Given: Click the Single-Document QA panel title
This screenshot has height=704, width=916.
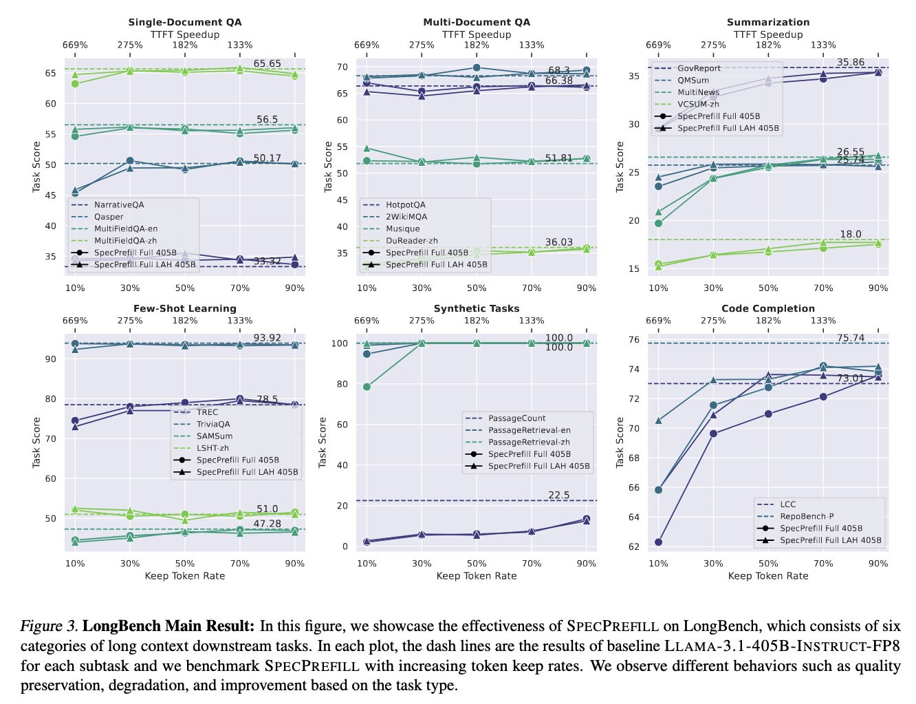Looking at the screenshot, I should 185,22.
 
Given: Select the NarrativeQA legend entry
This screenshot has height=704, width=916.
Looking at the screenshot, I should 118,205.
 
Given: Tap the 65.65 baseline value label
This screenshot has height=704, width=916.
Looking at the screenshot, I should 267,64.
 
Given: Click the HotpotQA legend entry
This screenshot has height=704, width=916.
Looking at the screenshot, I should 405,205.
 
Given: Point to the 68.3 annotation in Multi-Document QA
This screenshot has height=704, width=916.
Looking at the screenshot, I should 559,70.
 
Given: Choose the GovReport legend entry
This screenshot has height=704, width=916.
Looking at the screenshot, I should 699,68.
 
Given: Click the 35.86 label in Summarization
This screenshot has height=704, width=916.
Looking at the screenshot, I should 851,63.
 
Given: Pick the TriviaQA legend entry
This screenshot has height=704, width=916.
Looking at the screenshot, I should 213,425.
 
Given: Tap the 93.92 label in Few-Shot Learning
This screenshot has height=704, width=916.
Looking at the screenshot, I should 267,338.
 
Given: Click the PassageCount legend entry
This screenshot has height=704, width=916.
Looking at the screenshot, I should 516,418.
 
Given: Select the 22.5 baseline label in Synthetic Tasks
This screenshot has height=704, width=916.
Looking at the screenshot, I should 559,495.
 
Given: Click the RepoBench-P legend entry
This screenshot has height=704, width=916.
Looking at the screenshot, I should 807,516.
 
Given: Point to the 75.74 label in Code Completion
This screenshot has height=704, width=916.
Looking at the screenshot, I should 851,338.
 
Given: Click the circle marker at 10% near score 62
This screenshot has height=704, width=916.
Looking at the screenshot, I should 658,542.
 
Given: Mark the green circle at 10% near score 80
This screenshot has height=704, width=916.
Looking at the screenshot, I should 367,387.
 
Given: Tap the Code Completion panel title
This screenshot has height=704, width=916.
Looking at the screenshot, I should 768,308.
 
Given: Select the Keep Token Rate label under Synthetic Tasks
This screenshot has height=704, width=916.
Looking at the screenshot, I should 477,576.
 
